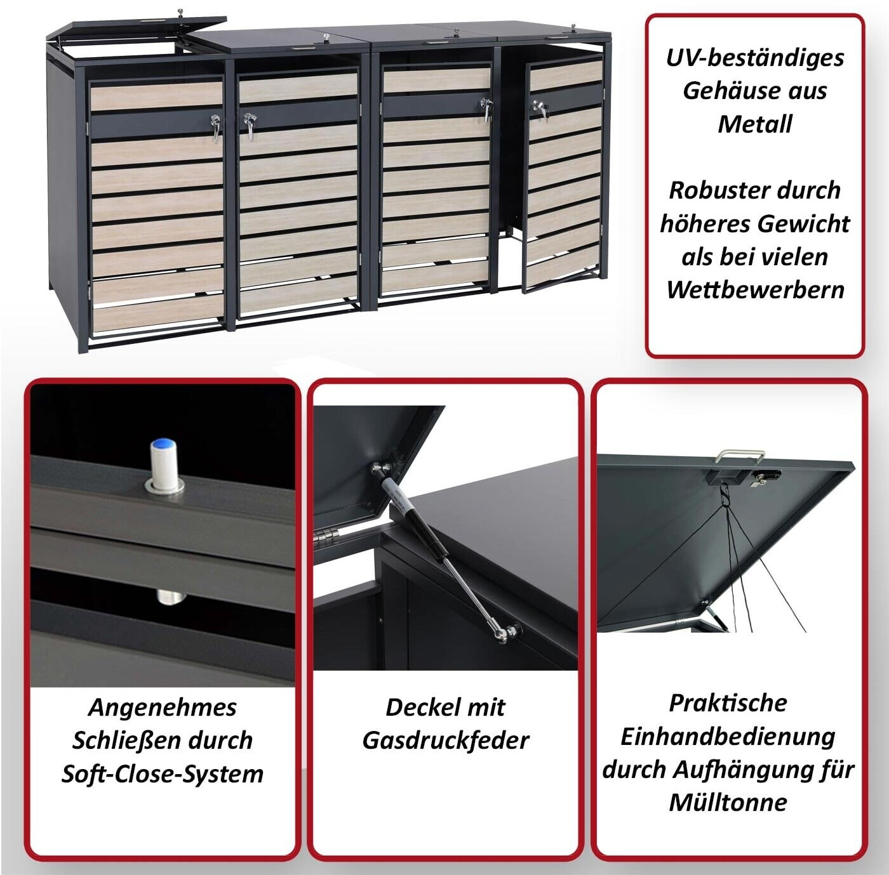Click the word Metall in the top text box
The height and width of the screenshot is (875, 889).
755,124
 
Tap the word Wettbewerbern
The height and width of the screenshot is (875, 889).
755,290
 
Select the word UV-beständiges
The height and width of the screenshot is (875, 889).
755,58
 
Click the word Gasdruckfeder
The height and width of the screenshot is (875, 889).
445,741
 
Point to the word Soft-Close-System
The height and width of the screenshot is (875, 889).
163,775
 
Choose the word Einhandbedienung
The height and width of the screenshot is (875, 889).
728,737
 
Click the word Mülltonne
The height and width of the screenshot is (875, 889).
728,803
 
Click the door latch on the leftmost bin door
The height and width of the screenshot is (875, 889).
215,126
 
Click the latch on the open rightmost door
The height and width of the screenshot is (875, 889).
540,110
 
